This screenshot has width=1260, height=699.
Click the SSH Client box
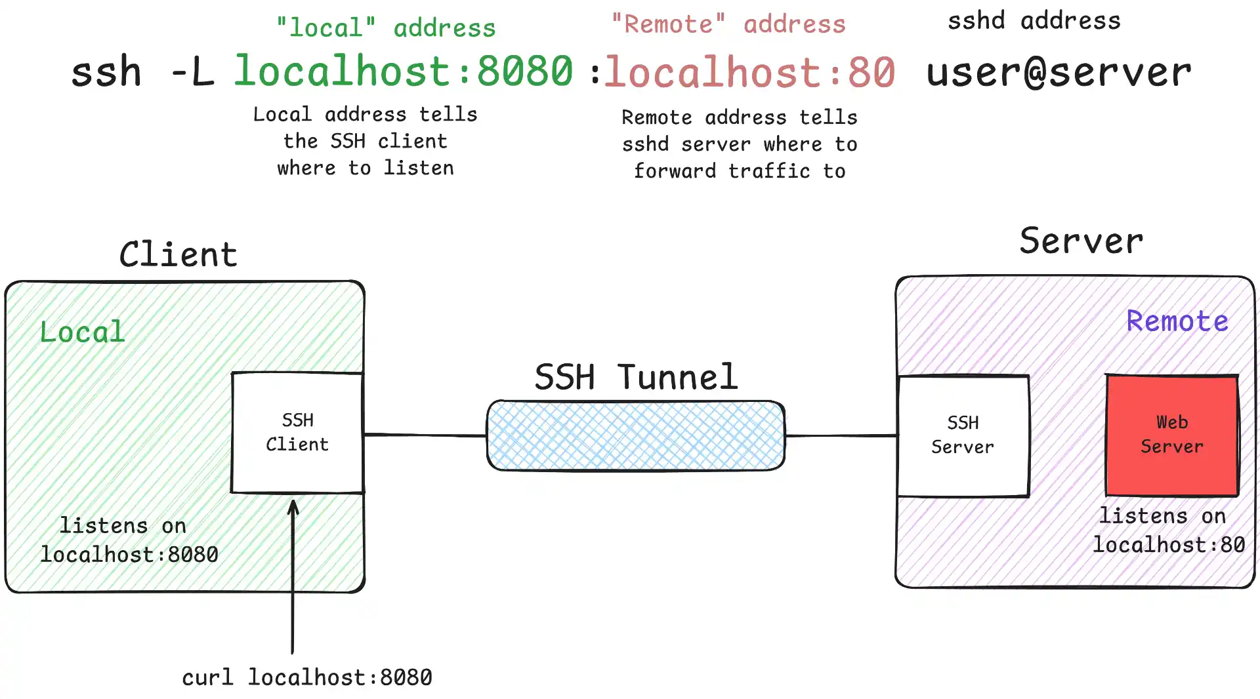point(297,433)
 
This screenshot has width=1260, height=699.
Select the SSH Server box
point(963,435)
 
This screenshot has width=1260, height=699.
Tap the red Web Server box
point(1172,435)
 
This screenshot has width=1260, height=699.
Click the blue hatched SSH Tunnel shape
point(635,436)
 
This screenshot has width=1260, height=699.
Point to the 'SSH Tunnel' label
point(636,377)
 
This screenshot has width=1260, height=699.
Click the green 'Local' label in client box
point(82,332)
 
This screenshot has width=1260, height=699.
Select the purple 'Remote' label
point(1177,321)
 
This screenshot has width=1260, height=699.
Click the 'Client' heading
point(178,254)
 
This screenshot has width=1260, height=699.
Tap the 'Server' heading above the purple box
point(1081,241)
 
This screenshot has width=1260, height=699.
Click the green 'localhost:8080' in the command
point(404,71)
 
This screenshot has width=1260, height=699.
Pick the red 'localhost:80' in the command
point(749,72)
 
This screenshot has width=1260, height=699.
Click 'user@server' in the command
point(1059,72)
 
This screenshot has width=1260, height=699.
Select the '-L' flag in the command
point(192,72)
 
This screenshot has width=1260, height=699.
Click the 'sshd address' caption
point(1034,21)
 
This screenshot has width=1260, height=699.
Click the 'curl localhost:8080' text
point(307,677)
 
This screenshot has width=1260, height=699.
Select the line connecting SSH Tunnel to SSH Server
point(841,435)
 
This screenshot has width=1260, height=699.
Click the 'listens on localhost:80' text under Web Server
point(1169,530)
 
